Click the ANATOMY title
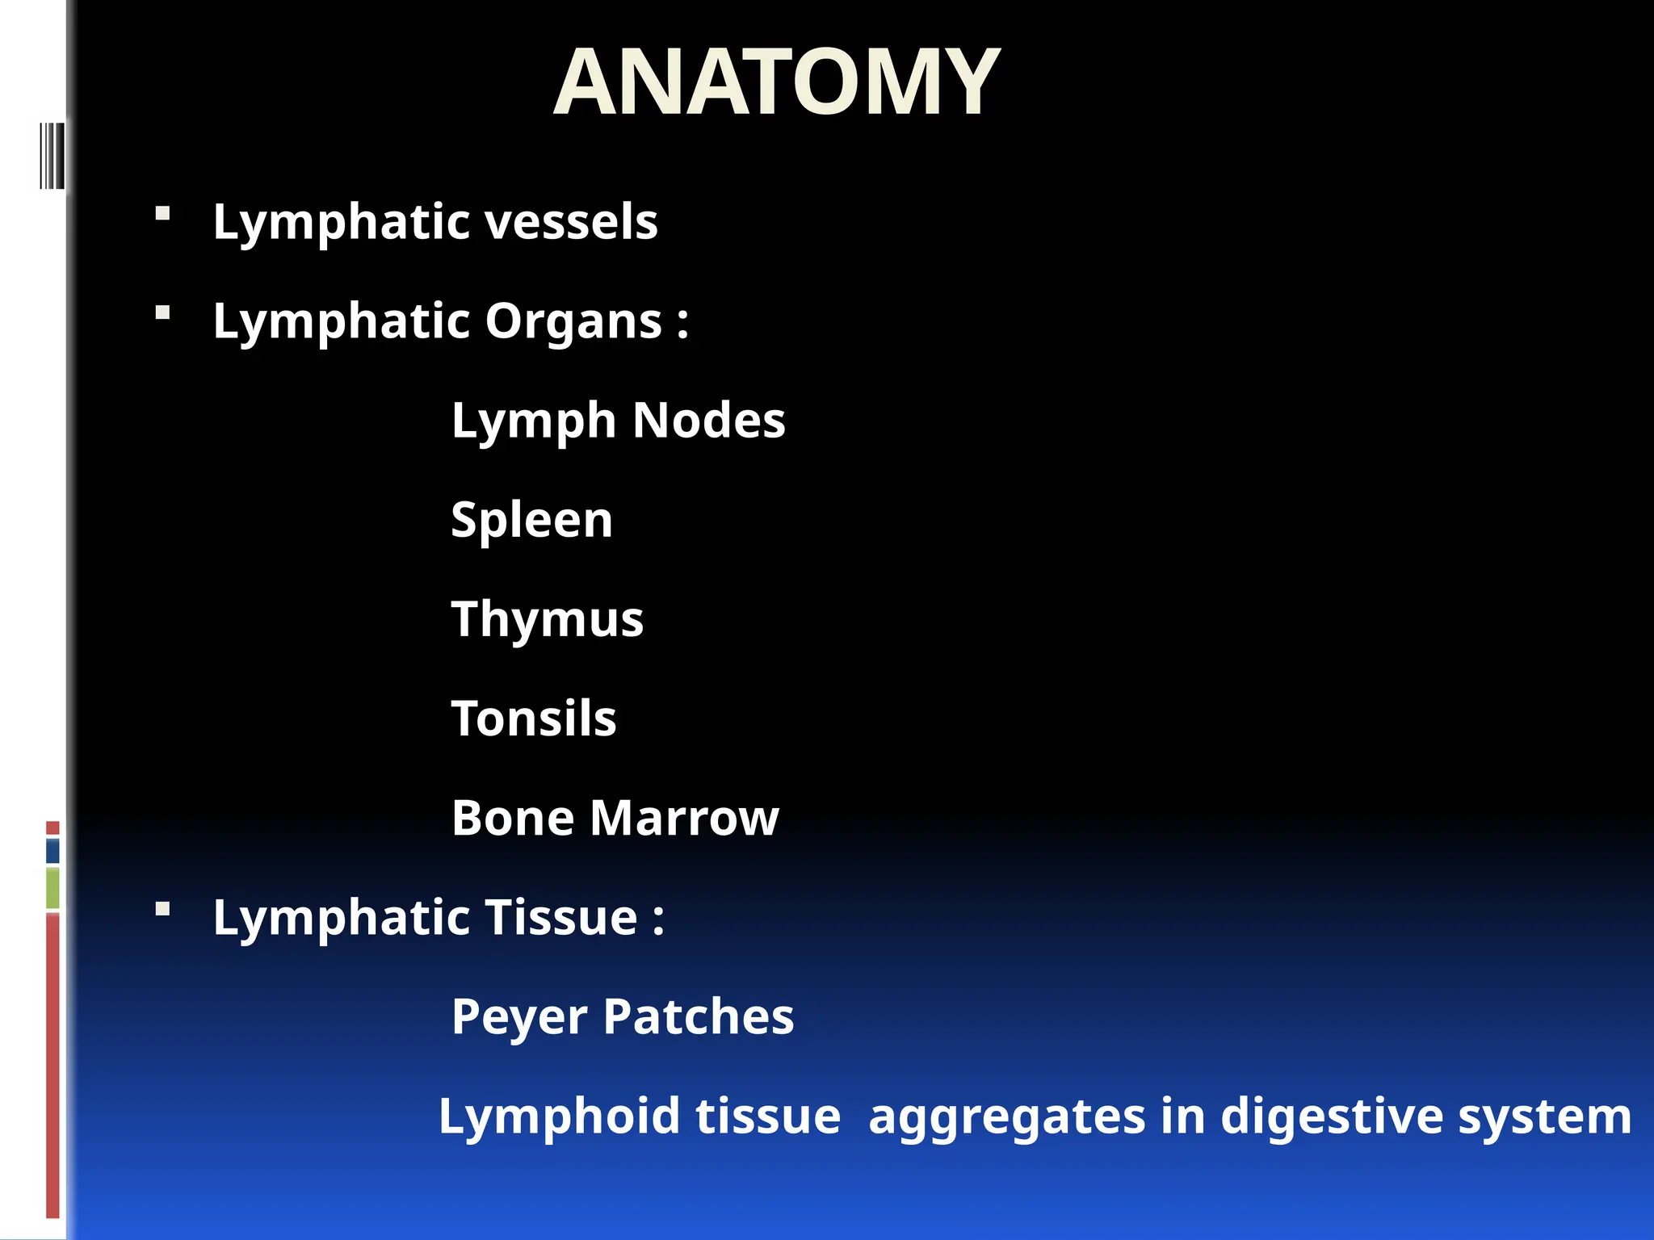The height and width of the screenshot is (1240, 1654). pyautogui.click(x=776, y=82)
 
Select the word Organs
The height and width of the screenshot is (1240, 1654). pyautogui.click(x=573, y=321)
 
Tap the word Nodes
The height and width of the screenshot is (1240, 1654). pyautogui.click(x=708, y=421)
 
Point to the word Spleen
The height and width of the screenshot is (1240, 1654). pyautogui.click(x=531, y=520)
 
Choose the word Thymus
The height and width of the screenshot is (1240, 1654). pyautogui.click(x=547, y=620)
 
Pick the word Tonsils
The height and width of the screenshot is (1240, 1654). pyautogui.click(x=534, y=718)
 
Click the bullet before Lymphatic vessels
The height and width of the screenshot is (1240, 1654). pyautogui.click(x=163, y=214)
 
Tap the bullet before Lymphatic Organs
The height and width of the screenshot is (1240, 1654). pyautogui.click(x=163, y=313)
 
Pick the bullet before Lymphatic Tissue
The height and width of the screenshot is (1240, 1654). pyautogui.click(x=163, y=910)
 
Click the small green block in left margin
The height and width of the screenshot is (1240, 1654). pyautogui.click(x=52, y=887)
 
